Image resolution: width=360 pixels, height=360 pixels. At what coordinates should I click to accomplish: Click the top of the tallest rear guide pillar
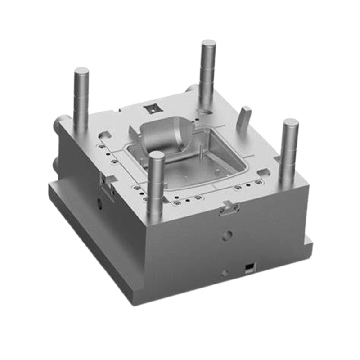point(208,44)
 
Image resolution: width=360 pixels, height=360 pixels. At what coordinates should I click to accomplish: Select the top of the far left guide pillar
point(81,72)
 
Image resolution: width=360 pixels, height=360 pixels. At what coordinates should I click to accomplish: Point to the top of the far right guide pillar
point(291,123)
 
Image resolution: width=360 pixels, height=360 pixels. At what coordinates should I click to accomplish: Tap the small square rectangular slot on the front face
point(247,268)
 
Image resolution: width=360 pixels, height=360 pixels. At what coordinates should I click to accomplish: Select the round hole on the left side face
point(99,204)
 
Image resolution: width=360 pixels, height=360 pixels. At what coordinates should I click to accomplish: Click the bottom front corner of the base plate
point(135,301)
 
